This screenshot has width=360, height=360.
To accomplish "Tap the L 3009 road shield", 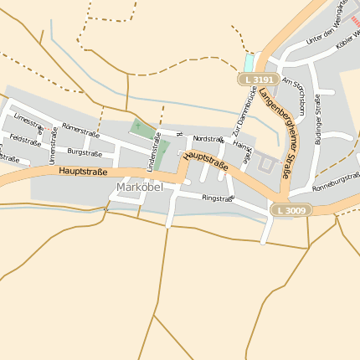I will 291,210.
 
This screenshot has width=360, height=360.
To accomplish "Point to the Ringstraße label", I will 217,198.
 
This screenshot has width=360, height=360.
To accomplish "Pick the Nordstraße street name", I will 208,139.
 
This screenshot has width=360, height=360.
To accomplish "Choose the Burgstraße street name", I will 85,153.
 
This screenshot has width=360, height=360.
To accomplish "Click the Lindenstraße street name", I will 153,152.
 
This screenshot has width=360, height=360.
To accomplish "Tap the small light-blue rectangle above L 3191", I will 248,62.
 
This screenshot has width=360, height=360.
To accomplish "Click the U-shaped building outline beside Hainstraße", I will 266,165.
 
